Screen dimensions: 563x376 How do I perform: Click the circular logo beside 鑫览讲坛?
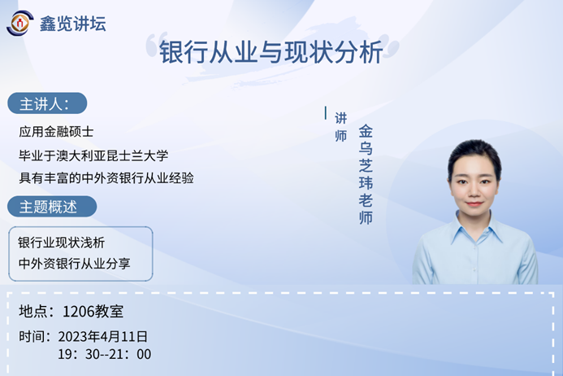pyautogui.click(x=20, y=24)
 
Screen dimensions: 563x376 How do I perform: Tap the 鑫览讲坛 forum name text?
pyautogui.click(x=72, y=24)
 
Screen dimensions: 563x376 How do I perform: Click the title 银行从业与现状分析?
pyautogui.click(x=271, y=52)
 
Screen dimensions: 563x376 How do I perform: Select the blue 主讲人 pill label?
pyautogui.click(x=47, y=103)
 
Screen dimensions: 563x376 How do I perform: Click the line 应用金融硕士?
pyautogui.click(x=56, y=132)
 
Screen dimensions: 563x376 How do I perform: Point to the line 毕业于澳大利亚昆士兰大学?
pyautogui.click(x=93, y=155)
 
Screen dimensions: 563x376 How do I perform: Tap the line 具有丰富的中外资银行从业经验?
pyautogui.click(x=106, y=178)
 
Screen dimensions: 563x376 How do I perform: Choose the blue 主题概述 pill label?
pyautogui.click(x=52, y=207)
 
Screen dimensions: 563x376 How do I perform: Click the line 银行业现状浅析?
pyautogui.click(x=62, y=243)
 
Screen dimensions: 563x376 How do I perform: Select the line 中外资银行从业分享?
pyautogui.click(x=74, y=264)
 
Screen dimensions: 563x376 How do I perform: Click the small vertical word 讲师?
pyautogui.click(x=340, y=127)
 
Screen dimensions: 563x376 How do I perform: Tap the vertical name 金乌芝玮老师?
pyautogui.click(x=366, y=174)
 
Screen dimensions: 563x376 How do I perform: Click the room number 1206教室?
pyautogui.click(x=93, y=312)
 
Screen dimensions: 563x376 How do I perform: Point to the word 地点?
pyautogui.click(x=32, y=312)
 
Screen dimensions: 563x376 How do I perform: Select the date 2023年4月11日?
pyautogui.click(x=103, y=337)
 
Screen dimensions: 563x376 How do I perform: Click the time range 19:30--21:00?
pyautogui.click(x=105, y=354)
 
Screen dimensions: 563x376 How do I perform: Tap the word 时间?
pyautogui.click(x=32, y=337)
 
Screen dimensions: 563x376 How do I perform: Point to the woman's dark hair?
pyautogui.click(x=474, y=153)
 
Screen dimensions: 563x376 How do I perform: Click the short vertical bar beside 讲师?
pyautogui.click(x=326, y=112)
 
